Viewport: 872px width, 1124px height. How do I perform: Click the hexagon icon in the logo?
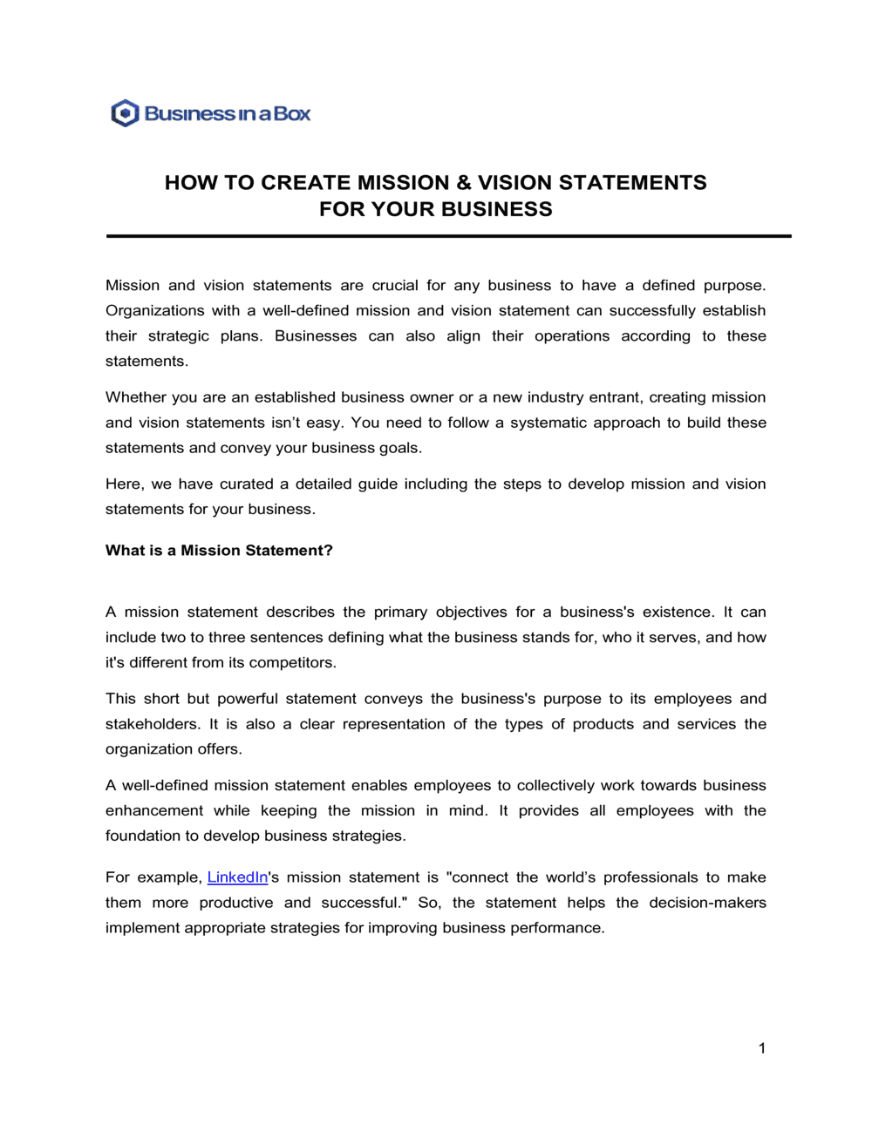[125, 113]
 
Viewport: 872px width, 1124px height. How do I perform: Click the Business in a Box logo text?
[228, 114]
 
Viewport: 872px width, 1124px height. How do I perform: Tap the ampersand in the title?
[463, 183]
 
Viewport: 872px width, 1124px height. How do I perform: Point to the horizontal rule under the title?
[448, 236]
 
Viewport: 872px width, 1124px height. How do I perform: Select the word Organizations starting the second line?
[155, 311]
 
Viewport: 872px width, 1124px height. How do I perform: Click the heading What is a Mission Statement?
[219, 551]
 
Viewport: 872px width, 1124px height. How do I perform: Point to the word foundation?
[142, 836]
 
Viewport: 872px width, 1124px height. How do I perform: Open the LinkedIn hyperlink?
[237, 877]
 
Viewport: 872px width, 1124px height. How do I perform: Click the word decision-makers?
[707, 903]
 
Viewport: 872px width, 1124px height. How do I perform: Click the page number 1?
[761, 1048]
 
